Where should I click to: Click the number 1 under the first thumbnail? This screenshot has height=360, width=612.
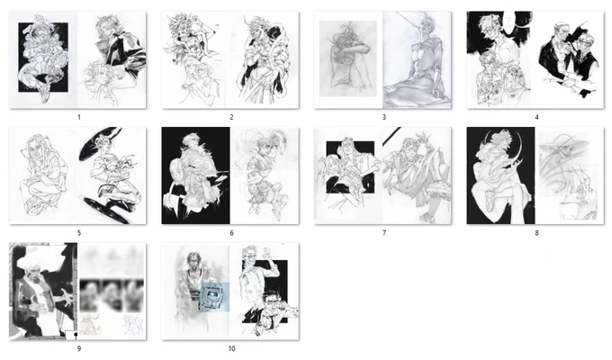[x=79, y=117]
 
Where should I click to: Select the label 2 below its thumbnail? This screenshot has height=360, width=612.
[x=231, y=117]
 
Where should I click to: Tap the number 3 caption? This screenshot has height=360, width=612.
[x=384, y=117]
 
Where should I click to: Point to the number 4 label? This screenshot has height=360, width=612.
[x=536, y=117]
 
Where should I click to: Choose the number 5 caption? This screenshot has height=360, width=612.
[x=79, y=233]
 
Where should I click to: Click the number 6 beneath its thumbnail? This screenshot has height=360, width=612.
[x=231, y=233]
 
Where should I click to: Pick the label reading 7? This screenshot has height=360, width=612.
[x=384, y=233]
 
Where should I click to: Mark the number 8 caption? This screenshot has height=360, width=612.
[x=536, y=233]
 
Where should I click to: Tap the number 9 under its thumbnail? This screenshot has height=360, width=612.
[x=79, y=348]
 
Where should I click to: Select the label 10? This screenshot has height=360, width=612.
[x=232, y=348]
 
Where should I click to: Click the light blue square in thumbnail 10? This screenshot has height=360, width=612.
[x=214, y=297]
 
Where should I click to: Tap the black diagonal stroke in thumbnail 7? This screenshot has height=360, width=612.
[x=391, y=136]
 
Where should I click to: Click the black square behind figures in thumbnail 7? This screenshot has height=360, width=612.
[x=350, y=167]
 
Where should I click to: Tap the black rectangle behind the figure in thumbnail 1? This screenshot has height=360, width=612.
[x=43, y=57]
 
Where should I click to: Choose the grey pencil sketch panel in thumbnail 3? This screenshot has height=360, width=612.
[x=348, y=58]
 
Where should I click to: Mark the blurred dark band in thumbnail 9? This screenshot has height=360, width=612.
[x=112, y=295]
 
